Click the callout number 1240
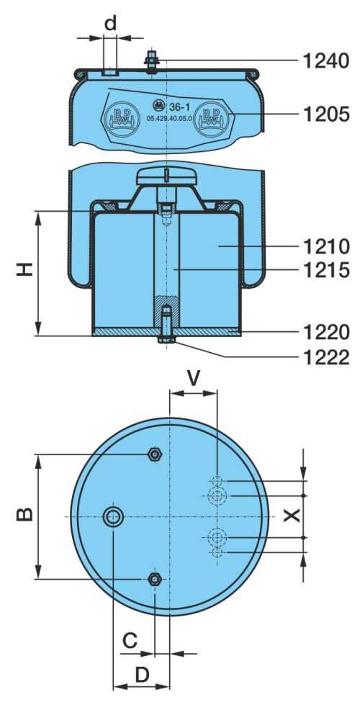326,60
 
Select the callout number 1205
326,114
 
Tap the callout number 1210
326,246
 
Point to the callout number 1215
326,270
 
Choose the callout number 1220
326,332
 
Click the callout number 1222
326,357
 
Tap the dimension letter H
25,269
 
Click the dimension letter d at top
110,22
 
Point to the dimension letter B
25,514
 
